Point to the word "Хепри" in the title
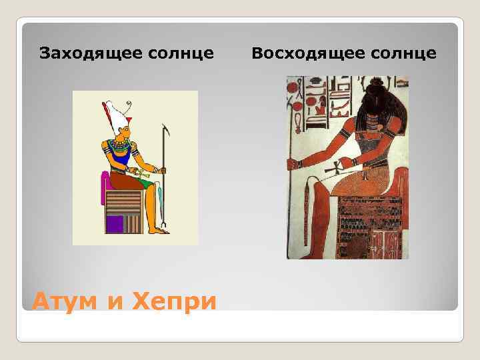coord(175,301)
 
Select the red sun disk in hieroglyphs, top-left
coord(296,105)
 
